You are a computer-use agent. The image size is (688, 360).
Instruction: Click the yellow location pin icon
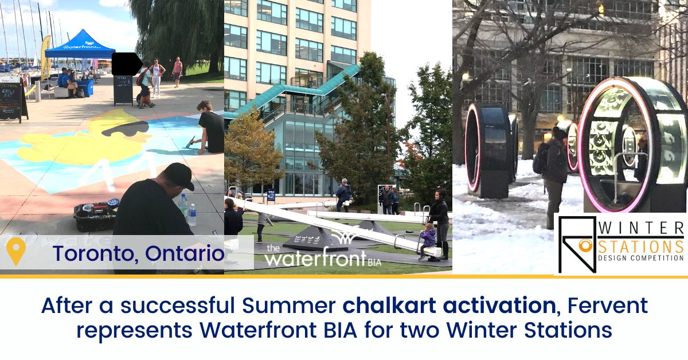pos(16,252)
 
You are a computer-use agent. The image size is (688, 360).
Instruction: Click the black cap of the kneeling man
pos(178,175)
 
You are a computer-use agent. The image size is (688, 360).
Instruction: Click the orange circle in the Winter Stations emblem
pos(585,246)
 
